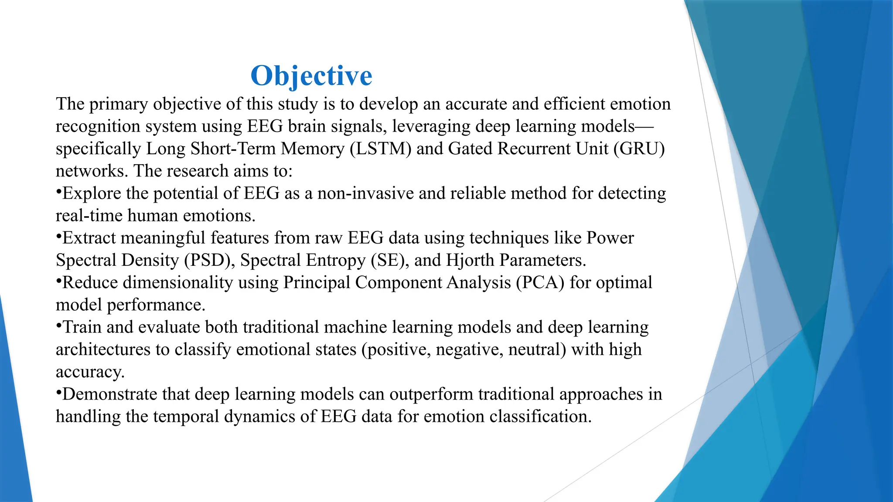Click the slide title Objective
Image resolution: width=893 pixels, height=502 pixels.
(x=311, y=76)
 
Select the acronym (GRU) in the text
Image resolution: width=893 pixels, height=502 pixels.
(x=639, y=149)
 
